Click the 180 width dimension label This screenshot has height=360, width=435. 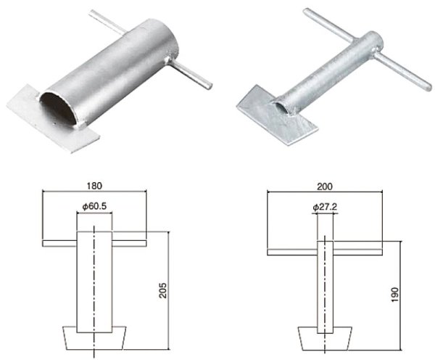(x=94, y=186)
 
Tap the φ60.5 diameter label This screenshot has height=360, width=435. (x=94, y=206)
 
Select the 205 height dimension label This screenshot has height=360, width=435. (x=163, y=290)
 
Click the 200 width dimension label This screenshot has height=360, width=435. (x=325, y=187)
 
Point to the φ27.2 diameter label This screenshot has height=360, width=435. (x=325, y=207)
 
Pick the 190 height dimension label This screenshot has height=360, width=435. (x=395, y=295)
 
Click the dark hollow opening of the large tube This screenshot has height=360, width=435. (x=58, y=109)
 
